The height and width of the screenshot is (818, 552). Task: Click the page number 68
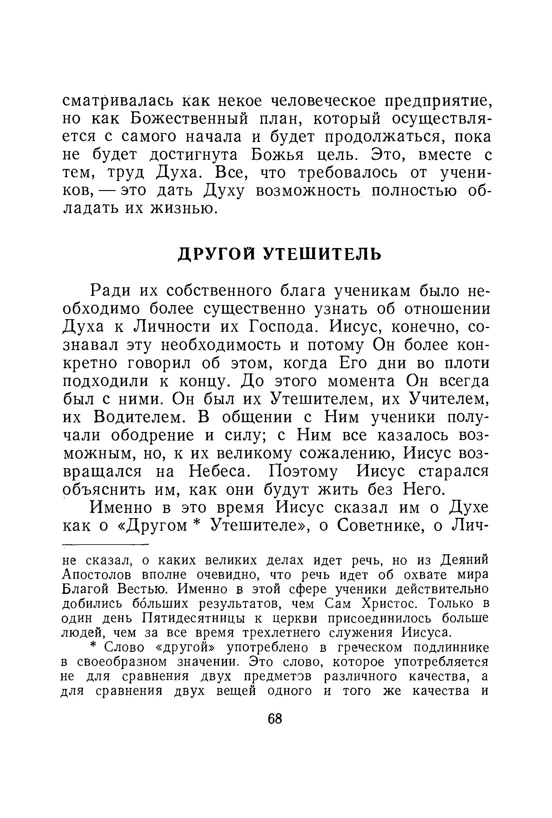[275, 718]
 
